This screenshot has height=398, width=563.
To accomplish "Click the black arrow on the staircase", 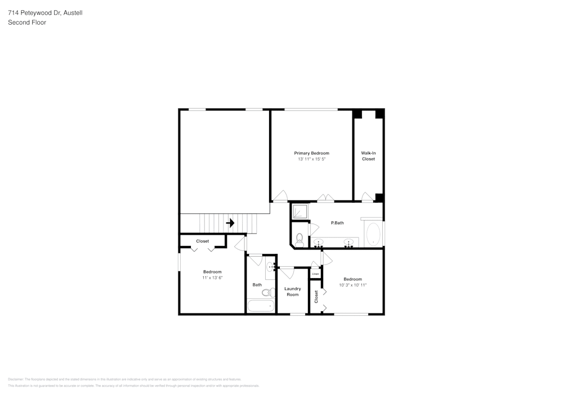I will point(230,223).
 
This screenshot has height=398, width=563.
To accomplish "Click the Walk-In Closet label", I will point(368,156).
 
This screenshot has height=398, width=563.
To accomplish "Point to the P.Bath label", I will point(337,223).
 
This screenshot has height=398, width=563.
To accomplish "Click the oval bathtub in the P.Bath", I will point(374,234).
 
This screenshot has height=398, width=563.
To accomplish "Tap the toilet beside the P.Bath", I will point(300,239).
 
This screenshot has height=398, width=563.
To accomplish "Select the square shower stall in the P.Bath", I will point(301,211).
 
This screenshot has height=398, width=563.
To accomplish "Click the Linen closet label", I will point(315,274).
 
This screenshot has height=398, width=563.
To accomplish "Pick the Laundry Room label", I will point(293,292).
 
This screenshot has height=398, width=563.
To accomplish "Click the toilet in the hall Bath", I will point(272,292).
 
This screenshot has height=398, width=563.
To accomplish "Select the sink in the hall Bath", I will point(271,267).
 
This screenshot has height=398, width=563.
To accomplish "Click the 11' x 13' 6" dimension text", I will point(212,278).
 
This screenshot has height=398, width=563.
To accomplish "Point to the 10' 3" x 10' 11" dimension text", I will point(353,285).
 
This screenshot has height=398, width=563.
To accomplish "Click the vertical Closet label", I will point(316,296).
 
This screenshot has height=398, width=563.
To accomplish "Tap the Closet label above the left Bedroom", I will point(203,241).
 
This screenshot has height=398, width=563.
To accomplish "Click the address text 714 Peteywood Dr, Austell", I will point(45,12).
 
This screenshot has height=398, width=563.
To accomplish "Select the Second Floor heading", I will point(27,23).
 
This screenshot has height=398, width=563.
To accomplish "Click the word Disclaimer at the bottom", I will point(15,379).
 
